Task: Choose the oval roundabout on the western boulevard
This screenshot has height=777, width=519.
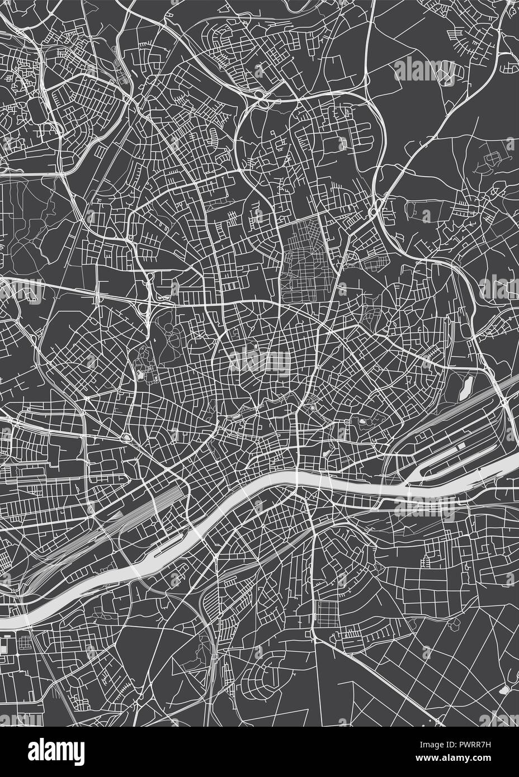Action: click(129, 438)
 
